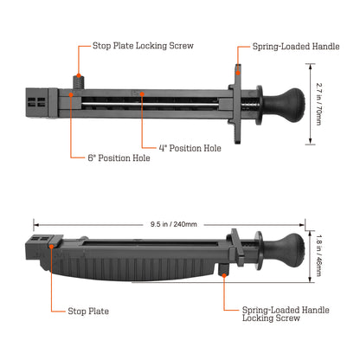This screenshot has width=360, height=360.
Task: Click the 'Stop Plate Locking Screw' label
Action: (x=143, y=46)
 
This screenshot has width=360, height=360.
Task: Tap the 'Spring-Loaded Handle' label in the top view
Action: (x=296, y=47)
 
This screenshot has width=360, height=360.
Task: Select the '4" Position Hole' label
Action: (x=190, y=148)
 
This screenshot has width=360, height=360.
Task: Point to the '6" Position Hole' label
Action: (x=119, y=157)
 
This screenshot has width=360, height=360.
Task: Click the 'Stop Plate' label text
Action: (x=88, y=311)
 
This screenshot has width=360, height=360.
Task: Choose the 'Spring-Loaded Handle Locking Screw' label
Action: (x=286, y=314)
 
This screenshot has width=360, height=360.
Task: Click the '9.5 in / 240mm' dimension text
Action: (x=174, y=224)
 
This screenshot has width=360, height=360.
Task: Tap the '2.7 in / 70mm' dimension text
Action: (x=318, y=104)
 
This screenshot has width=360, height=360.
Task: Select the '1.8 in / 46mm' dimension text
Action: (x=318, y=255)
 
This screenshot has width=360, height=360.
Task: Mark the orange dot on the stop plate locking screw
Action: (x=79, y=75)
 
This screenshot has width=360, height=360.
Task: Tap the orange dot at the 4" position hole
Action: (x=142, y=93)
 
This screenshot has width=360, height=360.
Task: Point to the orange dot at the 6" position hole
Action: (x=71, y=94)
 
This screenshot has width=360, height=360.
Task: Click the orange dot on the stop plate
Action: (x=51, y=247)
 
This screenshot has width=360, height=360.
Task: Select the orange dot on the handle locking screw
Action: (x=224, y=275)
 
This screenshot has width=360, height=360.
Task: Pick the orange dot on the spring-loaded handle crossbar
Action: (x=238, y=73)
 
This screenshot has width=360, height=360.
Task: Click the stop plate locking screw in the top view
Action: (x=79, y=82)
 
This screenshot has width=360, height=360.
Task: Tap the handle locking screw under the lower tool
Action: (x=223, y=270)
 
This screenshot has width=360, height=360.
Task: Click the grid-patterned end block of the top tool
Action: (x=37, y=103)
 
